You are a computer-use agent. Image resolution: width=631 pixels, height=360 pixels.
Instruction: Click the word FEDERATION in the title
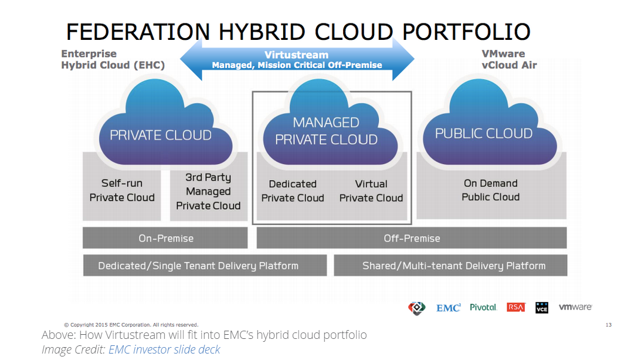(138, 32)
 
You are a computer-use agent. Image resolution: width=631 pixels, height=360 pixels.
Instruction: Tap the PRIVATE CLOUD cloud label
(161, 135)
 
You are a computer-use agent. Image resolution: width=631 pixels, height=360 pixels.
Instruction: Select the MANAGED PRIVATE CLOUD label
(326, 131)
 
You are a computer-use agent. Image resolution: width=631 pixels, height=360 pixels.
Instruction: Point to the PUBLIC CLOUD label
(484, 134)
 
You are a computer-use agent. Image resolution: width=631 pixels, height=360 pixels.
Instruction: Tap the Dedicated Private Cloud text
(293, 191)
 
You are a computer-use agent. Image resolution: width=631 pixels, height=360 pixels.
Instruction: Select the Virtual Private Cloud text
(371, 191)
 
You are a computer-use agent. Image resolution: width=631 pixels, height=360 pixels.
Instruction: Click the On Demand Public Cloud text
(491, 190)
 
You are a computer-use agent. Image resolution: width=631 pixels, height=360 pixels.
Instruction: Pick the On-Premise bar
(165, 238)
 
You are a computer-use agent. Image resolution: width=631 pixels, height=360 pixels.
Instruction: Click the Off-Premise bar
(412, 238)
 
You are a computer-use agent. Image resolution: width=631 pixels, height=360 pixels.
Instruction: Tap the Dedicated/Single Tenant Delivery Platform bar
(205, 266)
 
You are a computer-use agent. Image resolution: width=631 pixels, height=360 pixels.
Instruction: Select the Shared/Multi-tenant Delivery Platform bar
(451, 266)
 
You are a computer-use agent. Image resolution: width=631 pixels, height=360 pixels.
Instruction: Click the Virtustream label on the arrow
(297, 55)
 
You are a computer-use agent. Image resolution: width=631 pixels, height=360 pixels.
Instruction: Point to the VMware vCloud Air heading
(509, 60)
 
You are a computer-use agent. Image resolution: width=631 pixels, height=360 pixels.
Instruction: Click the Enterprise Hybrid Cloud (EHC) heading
(113, 60)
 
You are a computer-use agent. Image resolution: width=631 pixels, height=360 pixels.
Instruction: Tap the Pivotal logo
(483, 307)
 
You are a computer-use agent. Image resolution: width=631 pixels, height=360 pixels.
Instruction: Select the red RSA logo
(516, 307)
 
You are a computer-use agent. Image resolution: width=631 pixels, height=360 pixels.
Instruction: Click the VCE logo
(542, 307)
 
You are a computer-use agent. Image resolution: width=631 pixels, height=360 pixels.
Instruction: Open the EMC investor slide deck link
(164, 349)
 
